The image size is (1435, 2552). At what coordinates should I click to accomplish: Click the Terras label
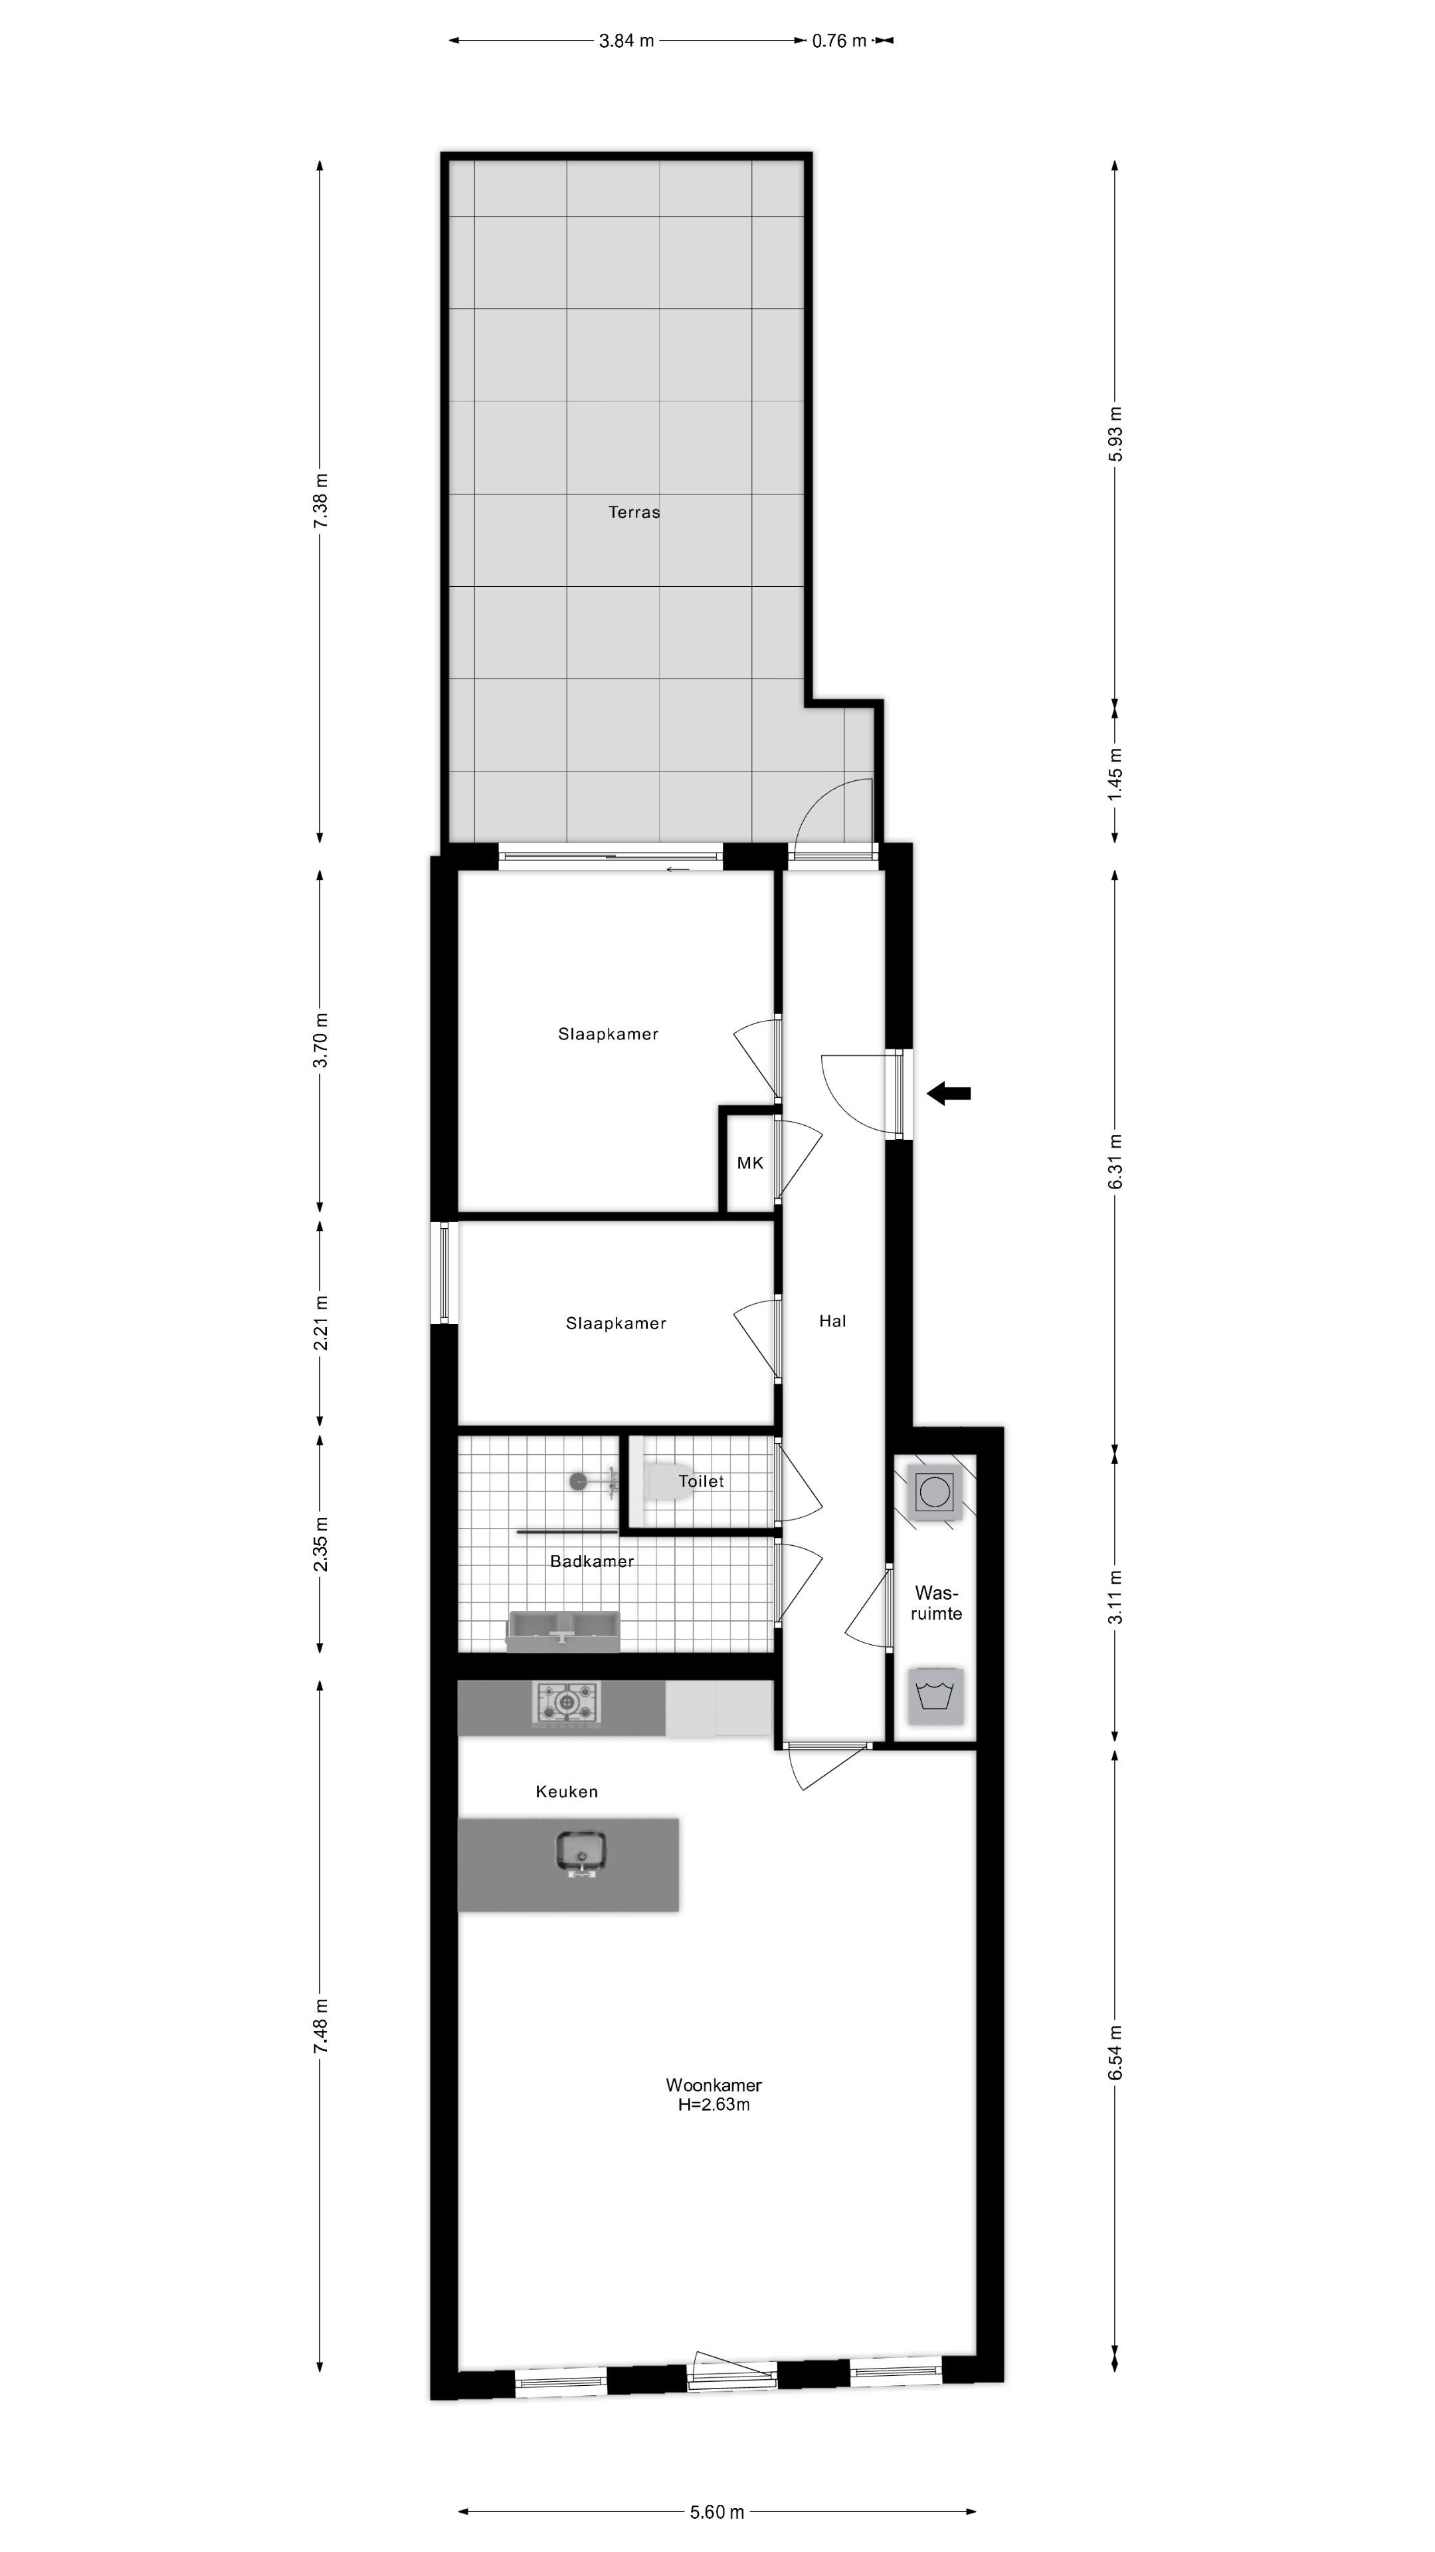[x=634, y=512]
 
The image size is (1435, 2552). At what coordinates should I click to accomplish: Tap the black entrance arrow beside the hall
[x=949, y=1094]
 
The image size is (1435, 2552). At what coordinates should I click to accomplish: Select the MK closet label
[x=749, y=1163]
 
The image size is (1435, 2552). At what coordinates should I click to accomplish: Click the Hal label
[x=832, y=1321]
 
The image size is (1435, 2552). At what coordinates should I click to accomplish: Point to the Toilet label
[x=701, y=1481]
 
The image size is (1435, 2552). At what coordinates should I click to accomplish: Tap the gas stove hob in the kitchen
[x=567, y=1702]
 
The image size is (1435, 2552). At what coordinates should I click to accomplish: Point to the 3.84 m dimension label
[x=626, y=41]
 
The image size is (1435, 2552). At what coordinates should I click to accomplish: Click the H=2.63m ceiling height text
[x=713, y=2104]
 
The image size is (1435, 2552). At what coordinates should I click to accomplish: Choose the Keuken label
[x=567, y=1791]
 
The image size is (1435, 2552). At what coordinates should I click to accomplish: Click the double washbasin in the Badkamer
[x=563, y=1629]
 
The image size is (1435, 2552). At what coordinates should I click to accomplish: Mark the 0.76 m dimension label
[x=839, y=41]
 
